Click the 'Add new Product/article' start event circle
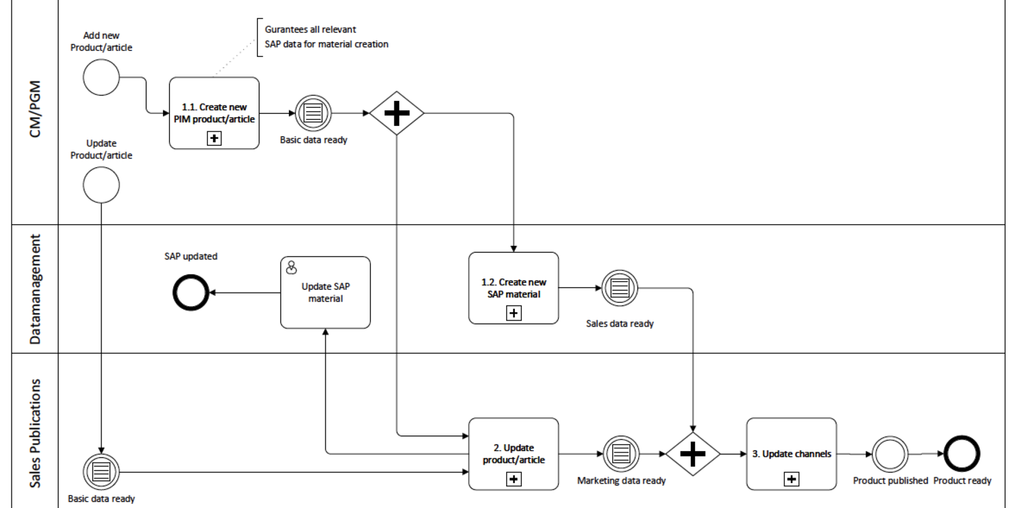coord(101,78)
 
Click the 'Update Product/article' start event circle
coord(101,185)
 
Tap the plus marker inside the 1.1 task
coord(214,138)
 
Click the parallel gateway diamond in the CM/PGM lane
coord(397,113)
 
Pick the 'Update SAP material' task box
coord(325,292)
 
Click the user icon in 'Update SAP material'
coord(292,267)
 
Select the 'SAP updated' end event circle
coord(191,293)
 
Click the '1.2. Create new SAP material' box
coord(514,288)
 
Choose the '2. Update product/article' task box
coord(514,453)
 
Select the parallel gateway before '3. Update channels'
coord(692,454)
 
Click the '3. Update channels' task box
coord(791,453)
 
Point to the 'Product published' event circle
coord(890,454)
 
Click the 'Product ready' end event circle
coord(962,454)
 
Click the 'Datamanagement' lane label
coord(36,289)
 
